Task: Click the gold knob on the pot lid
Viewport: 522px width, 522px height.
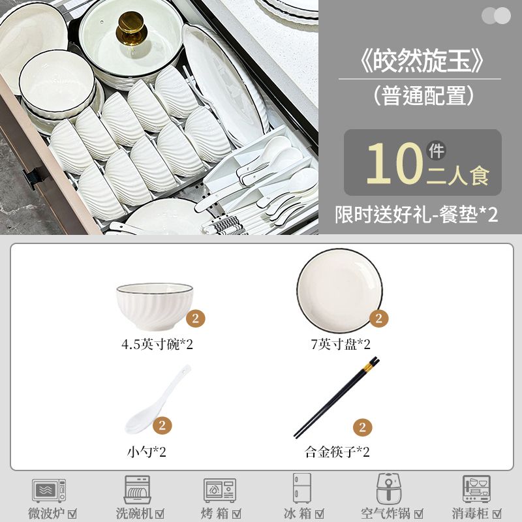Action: pos(132,29)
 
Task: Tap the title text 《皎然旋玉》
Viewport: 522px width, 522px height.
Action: pos(421,61)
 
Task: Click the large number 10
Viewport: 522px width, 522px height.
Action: pos(395,164)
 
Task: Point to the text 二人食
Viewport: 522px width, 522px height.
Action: pos(458,176)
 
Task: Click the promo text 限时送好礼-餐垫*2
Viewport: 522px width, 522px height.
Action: pos(416,215)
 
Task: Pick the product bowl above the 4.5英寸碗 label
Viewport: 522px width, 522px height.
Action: pos(155,306)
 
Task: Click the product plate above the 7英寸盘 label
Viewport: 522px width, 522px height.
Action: pos(339,291)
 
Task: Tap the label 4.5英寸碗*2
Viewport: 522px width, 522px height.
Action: pos(157,345)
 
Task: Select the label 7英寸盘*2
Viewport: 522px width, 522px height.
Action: pos(341,345)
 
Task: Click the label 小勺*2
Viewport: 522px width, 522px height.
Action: pos(146,452)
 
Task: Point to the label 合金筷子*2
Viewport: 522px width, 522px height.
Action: pos(337,452)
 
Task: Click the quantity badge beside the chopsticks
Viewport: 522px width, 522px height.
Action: pos(363,427)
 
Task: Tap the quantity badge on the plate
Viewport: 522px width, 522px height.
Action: pos(379,318)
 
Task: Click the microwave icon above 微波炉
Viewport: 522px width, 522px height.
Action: pos(49,491)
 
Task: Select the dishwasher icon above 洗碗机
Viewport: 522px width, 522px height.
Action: pos(137,489)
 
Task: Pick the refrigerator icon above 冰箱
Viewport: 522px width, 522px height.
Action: pos(302,488)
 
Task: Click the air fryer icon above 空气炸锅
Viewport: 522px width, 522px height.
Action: pos(389,488)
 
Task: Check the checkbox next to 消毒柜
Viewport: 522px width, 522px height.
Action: pos(497,514)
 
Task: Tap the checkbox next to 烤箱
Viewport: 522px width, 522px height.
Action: pos(237,514)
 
